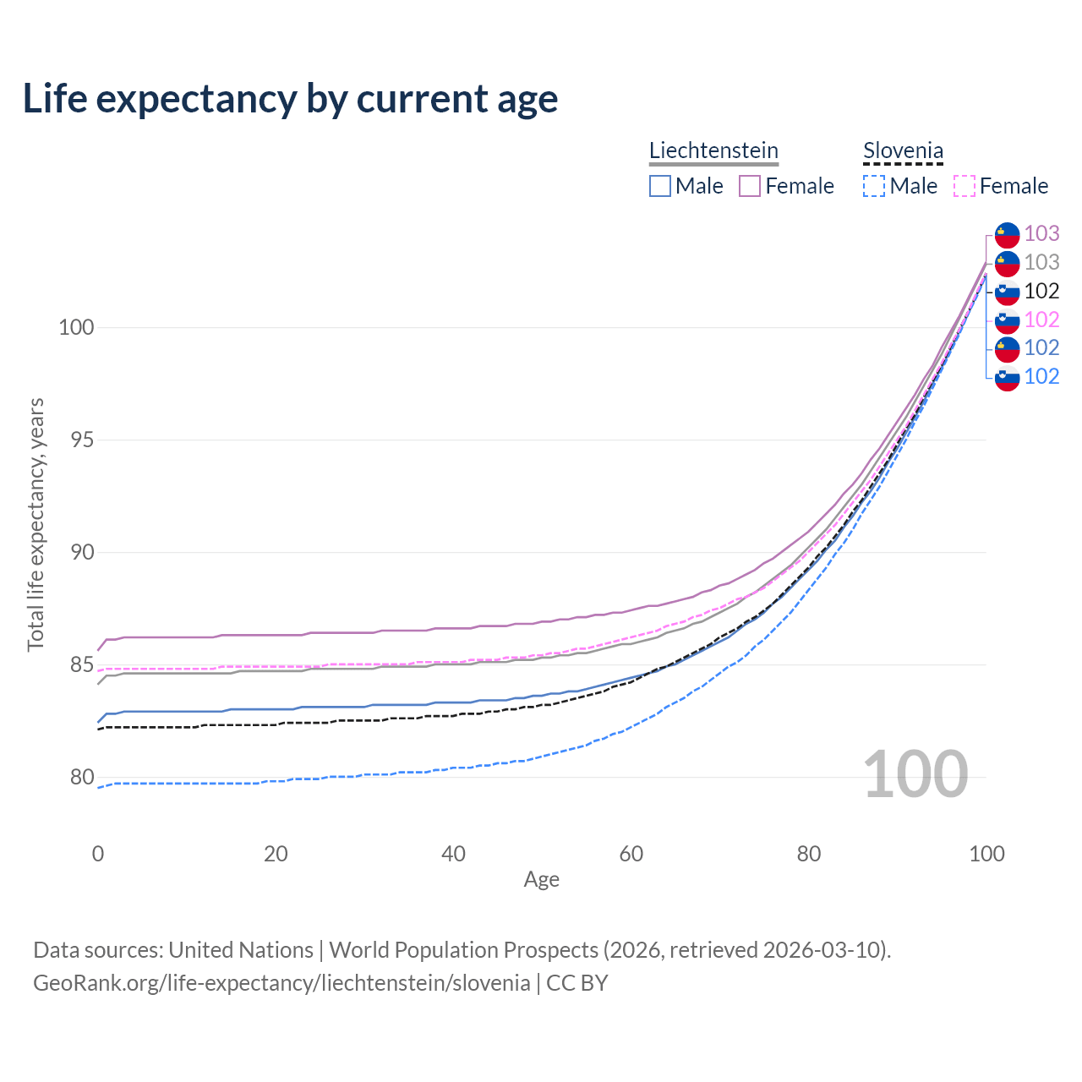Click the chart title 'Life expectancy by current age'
(290, 99)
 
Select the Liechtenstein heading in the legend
(713, 150)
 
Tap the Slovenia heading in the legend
(903, 150)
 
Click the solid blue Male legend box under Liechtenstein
(660, 186)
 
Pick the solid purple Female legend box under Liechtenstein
(750, 186)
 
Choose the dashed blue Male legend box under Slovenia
(874, 186)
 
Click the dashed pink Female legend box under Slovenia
(965, 186)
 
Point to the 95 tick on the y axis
(76, 440)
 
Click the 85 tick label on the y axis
(76, 665)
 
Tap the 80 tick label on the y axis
(76, 778)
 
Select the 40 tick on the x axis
(454, 854)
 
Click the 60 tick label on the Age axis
(631, 854)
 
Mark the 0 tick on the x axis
(98, 854)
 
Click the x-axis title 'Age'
(542, 880)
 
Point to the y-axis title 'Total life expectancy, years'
(36, 524)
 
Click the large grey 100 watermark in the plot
(915, 774)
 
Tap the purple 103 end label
(1041, 233)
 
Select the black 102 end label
(1041, 291)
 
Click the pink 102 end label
(1041, 320)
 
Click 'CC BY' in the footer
(577, 983)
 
